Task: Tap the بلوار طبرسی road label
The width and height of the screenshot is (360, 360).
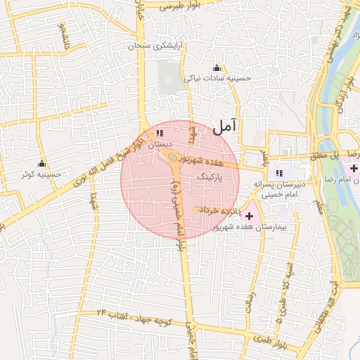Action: click(x=181, y=6)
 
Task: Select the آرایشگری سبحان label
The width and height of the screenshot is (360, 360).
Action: click(x=154, y=46)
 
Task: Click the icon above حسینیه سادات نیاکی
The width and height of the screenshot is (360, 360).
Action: click(x=217, y=68)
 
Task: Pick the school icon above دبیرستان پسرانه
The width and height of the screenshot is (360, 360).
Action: click(x=279, y=172)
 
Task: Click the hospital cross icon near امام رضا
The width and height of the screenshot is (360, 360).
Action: click(x=354, y=169)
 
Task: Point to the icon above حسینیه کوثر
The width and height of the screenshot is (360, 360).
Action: click(x=41, y=163)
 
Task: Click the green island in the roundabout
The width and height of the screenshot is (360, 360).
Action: click(x=173, y=167)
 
